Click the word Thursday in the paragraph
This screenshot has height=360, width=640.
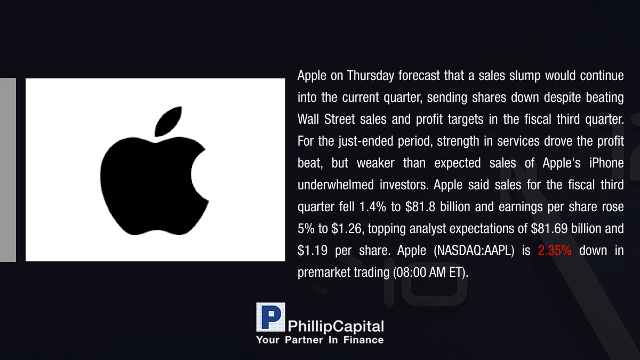pyautogui.click(x=370, y=76)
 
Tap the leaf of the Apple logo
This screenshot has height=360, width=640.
pyautogui.click(x=168, y=121)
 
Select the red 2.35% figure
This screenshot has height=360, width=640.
pyautogui.click(x=555, y=251)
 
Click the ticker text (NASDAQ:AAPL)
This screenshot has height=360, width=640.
pyautogui.click(x=474, y=251)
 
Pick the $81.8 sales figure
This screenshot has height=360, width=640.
pyautogui.click(x=420, y=207)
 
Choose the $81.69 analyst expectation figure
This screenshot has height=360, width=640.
pyautogui.click(x=549, y=229)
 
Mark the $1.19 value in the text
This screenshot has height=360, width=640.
pyautogui.click(x=313, y=251)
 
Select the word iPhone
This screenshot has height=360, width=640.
pyautogui.click(x=606, y=163)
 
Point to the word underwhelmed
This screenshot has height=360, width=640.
pyautogui.click(x=335, y=185)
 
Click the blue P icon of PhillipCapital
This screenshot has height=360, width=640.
pyautogui.click(x=270, y=317)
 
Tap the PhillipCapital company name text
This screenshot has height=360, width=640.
pyautogui.click(x=335, y=326)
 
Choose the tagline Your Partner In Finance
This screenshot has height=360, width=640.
pyautogui.click(x=319, y=340)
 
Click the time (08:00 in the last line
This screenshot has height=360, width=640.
pyautogui.click(x=410, y=273)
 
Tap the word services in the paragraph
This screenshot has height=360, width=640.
pyautogui.click(x=518, y=141)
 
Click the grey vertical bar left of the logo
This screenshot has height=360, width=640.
pyautogui.click(x=7, y=170)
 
